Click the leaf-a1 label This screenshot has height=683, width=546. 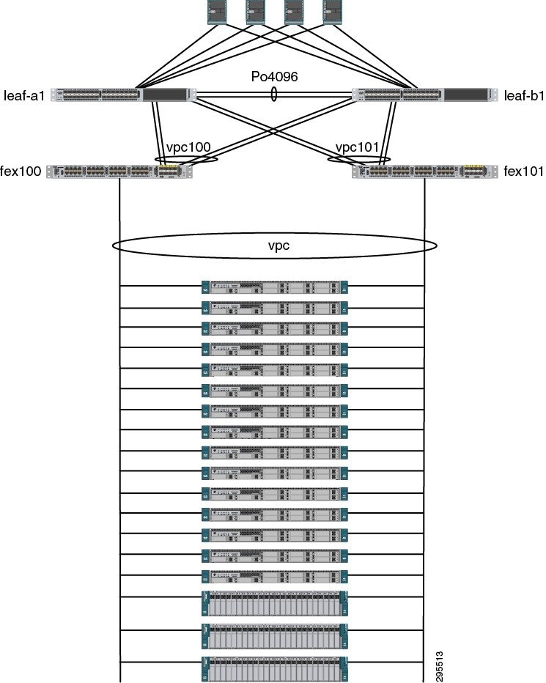tap(24, 95)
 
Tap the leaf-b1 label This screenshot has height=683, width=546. tap(523, 95)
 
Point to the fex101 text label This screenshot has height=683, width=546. tap(524, 171)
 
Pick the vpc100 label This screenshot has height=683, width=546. tap(188, 147)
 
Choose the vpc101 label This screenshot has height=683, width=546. tap(357, 147)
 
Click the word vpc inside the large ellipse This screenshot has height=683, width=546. tap(278, 246)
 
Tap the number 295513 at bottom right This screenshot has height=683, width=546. tap(439, 662)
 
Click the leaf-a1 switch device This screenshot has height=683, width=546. tap(122, 95)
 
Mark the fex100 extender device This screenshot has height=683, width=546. tap(119, 171)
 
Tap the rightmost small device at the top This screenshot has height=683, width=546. tap(333, 11)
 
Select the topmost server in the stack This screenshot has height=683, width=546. tap(274, 287)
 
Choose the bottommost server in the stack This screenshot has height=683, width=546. tap(274, 670)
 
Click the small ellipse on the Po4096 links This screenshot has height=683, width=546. tap(274, 95)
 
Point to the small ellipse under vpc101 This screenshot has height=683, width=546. tap(359, 159)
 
